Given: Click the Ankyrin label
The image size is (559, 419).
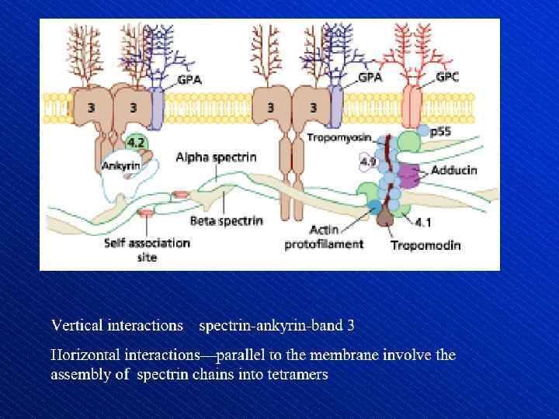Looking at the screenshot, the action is point(120,164).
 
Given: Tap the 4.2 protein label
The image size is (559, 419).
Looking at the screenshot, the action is point(135,143).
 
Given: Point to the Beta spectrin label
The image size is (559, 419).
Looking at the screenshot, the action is point(230,220).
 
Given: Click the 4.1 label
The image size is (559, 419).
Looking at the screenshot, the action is point(424,223).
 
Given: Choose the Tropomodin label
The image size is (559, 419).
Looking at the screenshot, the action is point(425,245).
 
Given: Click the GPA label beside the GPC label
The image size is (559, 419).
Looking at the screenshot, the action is point(370,78).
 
